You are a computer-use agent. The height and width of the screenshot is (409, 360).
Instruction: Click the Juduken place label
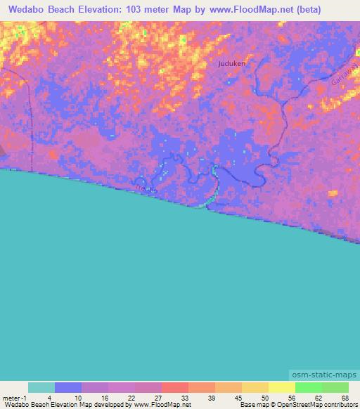pyautogui.click(x=231, y=63)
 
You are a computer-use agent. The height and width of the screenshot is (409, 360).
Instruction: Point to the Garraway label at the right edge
pyautogui.click(x=344, y=74)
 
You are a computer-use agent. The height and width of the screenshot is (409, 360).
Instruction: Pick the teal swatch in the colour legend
pyautogui.click(x=41, y=387)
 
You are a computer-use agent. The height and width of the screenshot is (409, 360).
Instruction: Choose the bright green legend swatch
pyautogui.click(x=309, y=387)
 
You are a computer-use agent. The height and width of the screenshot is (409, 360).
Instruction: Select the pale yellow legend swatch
pyautogui.click(x=282, y=387)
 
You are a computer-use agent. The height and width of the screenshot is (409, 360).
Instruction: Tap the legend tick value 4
pyautogui.click(x=49, y=398)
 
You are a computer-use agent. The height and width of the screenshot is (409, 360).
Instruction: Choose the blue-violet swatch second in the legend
pyautogui.click(x=68, y=387)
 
